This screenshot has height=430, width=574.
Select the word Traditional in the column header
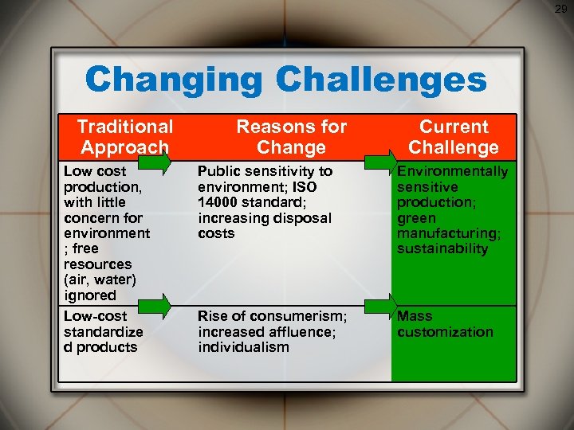point(124,127)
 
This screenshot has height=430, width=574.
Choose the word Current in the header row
point(454,127)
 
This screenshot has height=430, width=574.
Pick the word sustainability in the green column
point(442,249)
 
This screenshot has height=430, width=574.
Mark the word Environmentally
point(452,171)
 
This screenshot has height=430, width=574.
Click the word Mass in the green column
point(415,316)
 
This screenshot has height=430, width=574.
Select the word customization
point(445,332)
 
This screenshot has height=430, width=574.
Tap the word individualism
point(243,347)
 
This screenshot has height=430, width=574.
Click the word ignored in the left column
point(90,295)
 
